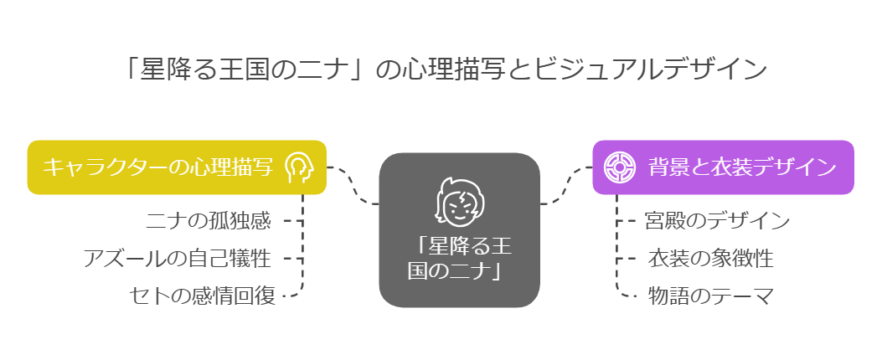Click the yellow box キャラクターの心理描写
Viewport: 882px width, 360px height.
pos(177,167)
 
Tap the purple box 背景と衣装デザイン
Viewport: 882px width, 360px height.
pos(724,167)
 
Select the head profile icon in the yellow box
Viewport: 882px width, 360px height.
pos(298,167)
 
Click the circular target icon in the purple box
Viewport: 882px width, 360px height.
pos(619,167)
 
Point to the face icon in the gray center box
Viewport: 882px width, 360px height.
pos(459,200)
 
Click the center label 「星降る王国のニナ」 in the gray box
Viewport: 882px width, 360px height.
pos(460,258)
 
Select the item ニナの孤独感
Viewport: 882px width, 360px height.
pos(209,221)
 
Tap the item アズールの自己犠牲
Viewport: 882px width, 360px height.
pos(178,259)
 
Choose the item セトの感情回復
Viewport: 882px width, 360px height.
pos(202,296)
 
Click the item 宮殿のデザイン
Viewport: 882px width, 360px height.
pos(718,221)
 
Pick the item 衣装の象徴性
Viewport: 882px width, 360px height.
pos(710,259)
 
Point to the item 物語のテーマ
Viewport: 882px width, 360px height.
pos(711,296)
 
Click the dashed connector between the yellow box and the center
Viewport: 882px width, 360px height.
pos(353,186)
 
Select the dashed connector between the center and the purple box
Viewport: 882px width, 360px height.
pos(566,186)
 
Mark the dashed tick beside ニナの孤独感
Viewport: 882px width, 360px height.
pos(293,221)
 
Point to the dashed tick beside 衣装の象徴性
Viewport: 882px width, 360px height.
pos(626,259)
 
